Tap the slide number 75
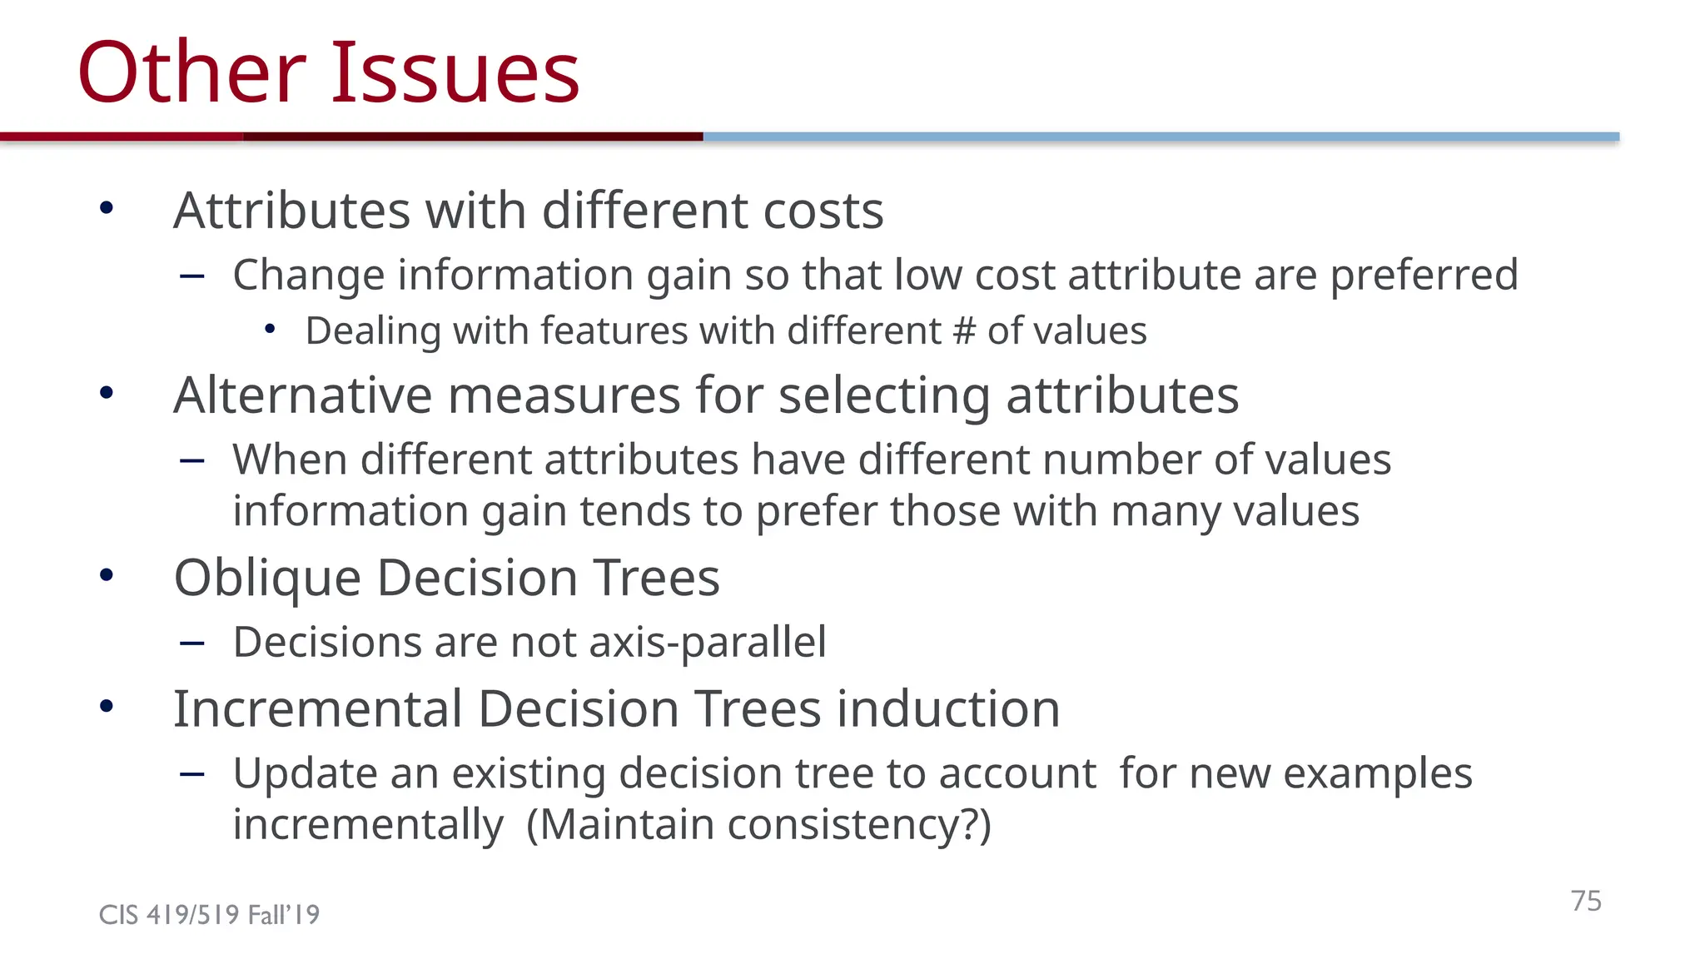1586,901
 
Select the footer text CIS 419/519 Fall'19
209,915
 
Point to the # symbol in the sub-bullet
964,331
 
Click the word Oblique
267,578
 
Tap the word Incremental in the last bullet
317,709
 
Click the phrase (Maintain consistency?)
758,825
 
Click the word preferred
1424,275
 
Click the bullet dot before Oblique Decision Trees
106,575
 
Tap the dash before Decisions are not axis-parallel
192,643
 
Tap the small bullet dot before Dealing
269,330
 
